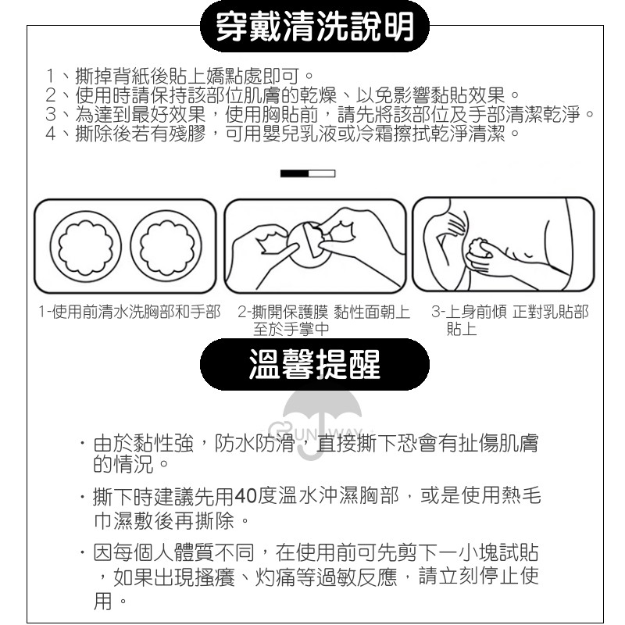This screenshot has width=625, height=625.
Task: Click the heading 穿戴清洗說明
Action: tap(315, 27)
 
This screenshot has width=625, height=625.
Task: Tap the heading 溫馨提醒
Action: tap(315, 364)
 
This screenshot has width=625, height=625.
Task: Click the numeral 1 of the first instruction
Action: tap(50, 76)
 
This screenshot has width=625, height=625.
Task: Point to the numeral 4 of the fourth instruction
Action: tap(51, 134)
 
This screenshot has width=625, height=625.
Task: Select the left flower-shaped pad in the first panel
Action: tap(86, 246)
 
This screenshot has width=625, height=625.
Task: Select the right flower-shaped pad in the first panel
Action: tap(166, 246)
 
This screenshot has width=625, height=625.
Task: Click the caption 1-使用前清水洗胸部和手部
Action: tap(130, 312)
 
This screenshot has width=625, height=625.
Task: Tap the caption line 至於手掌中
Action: tap(291, 329)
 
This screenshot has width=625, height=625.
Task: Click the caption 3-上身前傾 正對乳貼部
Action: tap(510, 312)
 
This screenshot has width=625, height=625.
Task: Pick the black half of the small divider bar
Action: tap(295, 173)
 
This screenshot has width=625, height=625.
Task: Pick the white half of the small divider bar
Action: tap(322, 173)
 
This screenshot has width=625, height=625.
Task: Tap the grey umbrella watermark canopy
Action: tap(322, 408)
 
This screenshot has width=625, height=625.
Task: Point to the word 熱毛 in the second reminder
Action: tap(521, 496)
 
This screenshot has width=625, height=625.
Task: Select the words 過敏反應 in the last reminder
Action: tap(357, 577)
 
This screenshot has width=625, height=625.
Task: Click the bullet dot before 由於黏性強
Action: tap(82, 443)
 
